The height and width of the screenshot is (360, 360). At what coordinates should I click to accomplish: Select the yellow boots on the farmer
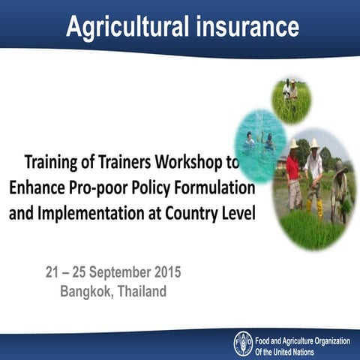[316, 206]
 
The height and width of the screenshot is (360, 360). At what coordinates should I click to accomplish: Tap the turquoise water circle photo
[259, 142]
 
